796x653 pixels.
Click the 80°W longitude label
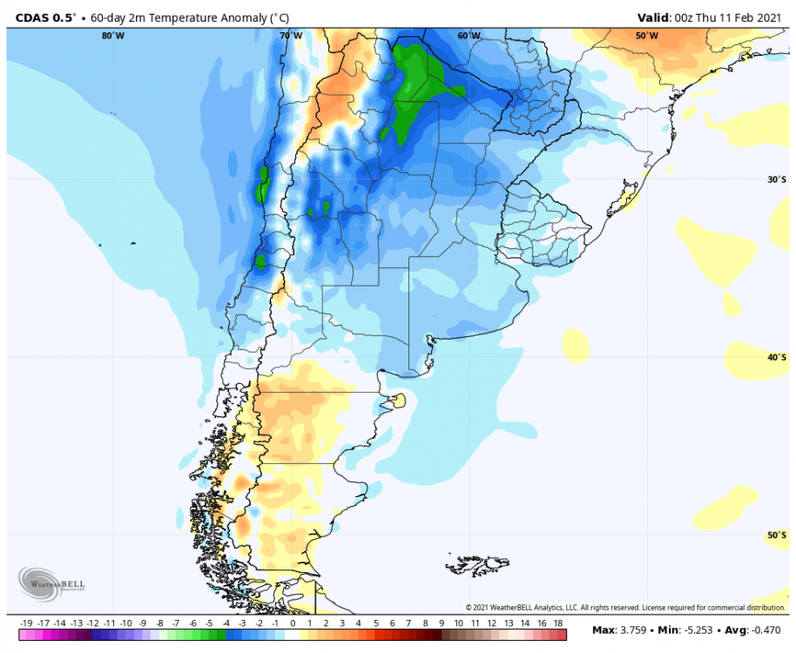(x=112, y=36)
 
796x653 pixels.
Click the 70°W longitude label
(x=291, y=36)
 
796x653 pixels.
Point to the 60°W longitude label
(x=469, y=36)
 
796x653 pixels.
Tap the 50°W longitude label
(x=646, y=36)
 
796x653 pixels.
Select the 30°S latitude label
(x=777, y=179)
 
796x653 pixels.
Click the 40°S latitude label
(x=777, y=357)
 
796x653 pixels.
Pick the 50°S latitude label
(x=777, y=535)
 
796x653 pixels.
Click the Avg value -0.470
(x=763, y=629)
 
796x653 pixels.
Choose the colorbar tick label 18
(x=558, y=623)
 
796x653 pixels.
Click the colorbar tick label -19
(x=26, y=623)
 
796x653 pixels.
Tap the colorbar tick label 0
(x=293, y=623)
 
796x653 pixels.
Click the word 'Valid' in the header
(x=653, y=17)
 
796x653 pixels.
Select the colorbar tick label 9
(x=442, y=623)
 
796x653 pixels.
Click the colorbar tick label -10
(x=126, y=623)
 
